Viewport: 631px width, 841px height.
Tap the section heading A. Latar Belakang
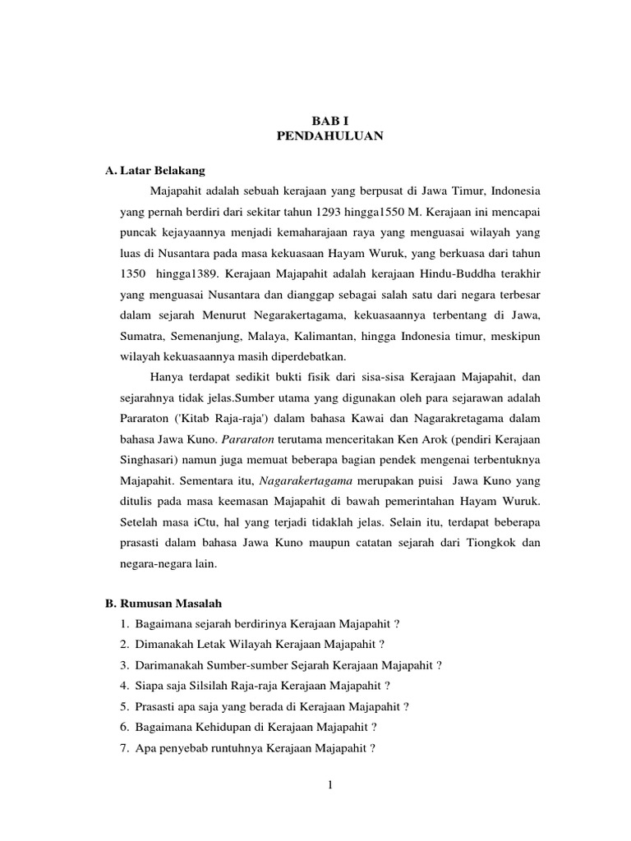155,171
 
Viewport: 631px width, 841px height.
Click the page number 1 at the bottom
329,785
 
